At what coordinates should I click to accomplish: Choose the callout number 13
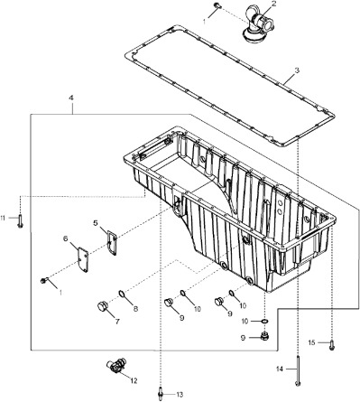click(x=180, y=395)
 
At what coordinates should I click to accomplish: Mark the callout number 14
click(x=280, y=369)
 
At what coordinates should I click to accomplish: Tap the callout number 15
click(x=312, y=343)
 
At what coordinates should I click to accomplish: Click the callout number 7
click(x=116, y=321)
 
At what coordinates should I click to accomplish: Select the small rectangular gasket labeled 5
click(x=111, y=242)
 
